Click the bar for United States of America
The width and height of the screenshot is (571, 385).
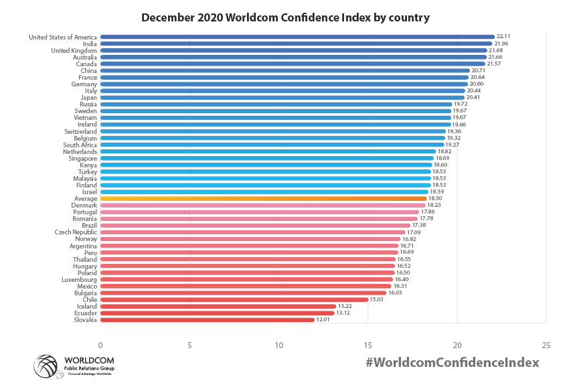297,37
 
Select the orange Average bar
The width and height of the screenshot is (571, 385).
263,199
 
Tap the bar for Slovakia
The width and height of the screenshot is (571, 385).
208,320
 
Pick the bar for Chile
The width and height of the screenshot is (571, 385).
234,299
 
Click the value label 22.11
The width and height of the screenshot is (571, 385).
503,37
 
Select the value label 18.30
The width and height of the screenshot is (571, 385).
436,199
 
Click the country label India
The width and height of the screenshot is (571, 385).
89,44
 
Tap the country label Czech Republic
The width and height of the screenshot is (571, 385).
76,232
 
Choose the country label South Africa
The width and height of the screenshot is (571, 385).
80,145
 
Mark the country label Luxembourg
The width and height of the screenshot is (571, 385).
79,279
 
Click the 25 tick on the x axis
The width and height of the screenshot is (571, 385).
546,345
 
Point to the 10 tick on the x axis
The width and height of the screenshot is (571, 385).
278,345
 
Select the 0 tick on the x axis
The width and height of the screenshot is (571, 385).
100,345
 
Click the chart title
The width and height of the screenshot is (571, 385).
285,17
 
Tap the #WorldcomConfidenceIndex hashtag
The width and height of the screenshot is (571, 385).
453,362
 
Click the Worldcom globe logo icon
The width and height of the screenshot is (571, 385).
47,366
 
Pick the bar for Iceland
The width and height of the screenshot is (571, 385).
218,306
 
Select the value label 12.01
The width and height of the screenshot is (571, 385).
324,320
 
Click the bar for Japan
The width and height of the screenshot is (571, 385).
282,98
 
